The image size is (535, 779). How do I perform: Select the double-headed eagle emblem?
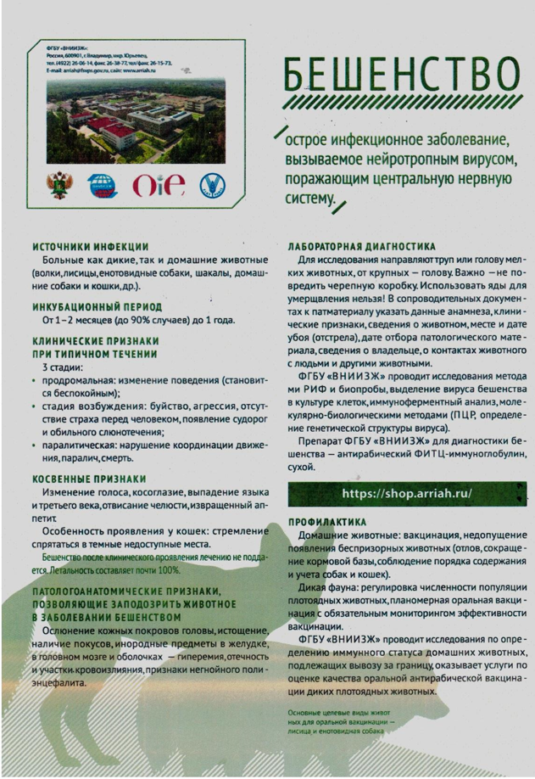tap(59, 185)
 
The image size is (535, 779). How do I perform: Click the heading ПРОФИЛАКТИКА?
tap(326, 522)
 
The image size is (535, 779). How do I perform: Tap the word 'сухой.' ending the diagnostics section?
tap(303, 468)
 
